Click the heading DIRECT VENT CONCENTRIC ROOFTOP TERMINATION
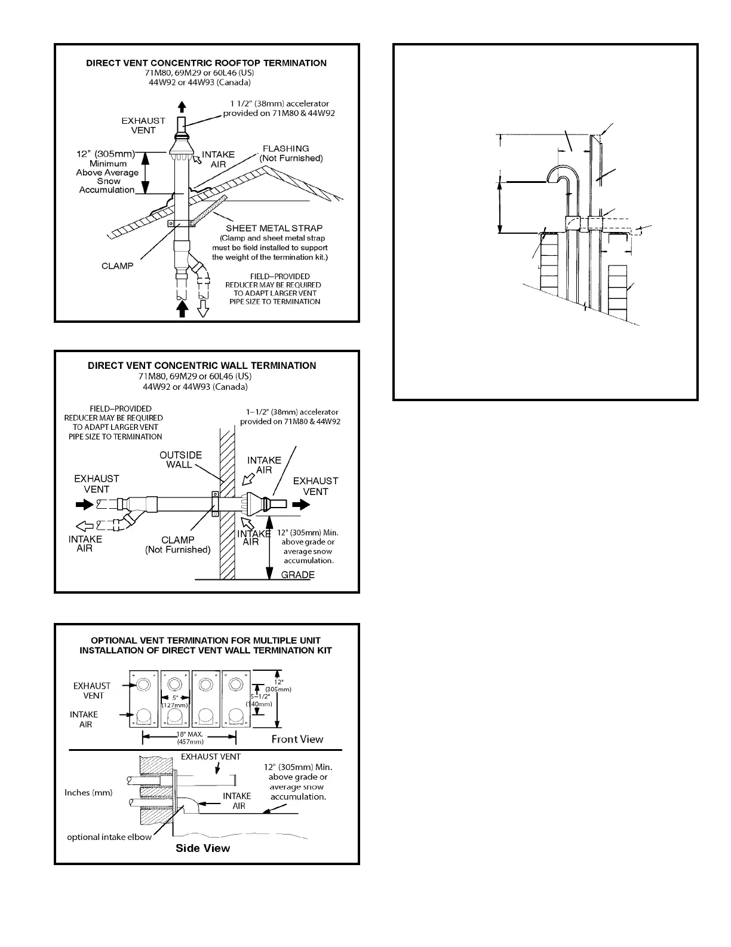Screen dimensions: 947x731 [206, 63]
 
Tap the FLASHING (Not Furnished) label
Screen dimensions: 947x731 [290, 153]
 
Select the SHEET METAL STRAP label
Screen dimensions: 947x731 [274, 228]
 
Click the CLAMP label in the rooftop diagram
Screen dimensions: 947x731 [118, 265]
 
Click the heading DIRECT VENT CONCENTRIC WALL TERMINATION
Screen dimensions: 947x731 [202, 365]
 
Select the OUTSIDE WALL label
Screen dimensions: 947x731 [180, 460]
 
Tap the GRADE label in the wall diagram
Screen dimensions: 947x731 [297, 575]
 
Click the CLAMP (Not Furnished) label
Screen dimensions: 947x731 [178, 545]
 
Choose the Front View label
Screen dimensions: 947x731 [297, 739]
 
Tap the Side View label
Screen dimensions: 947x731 [202, 848]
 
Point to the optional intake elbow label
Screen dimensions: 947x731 [109, 837]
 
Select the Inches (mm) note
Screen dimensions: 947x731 [89, 793]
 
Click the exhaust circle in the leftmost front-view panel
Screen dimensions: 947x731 [144, 685]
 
